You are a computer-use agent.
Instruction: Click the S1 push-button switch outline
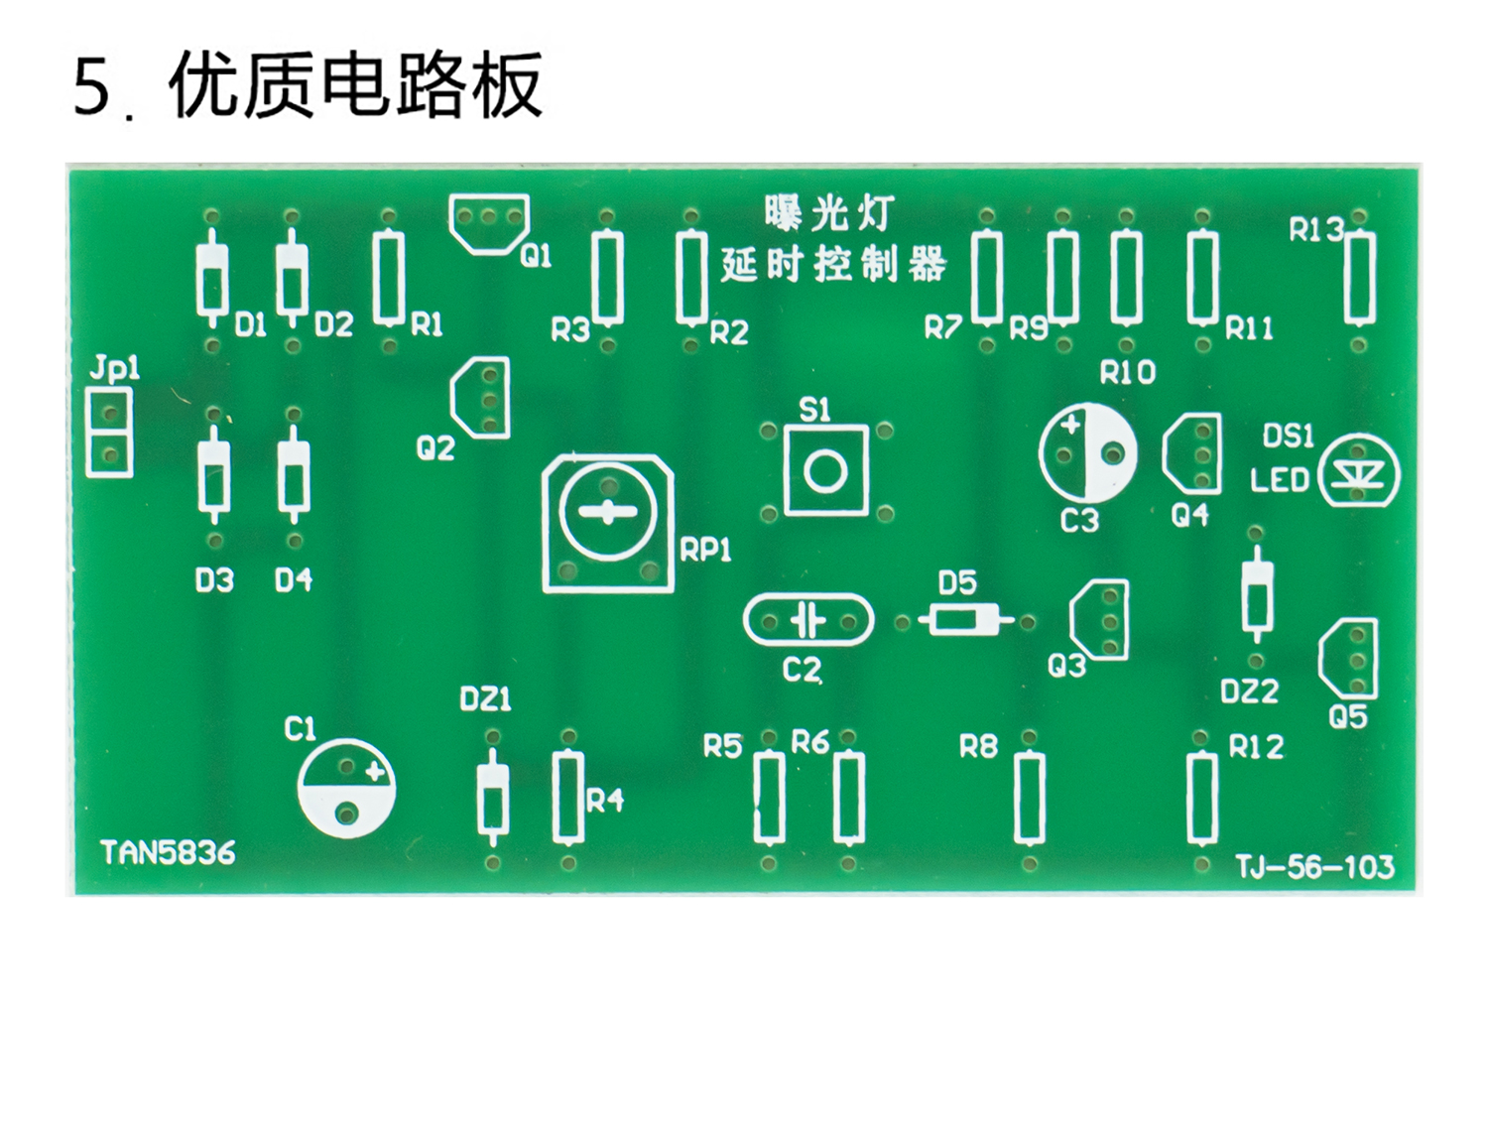click(x=825, y=470)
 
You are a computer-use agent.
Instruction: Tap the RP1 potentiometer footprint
click(x=607, y=524)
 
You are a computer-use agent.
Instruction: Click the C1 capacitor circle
click(x=346, y=789)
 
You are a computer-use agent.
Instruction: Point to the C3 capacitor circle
click(x=1088, y=452)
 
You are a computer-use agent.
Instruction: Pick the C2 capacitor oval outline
click(x=808, y=621)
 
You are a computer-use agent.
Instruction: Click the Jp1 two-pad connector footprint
click(x=109, y=433)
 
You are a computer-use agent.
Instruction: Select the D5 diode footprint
click(x=965, y=621)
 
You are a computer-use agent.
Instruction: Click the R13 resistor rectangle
click(x=1358, y=279)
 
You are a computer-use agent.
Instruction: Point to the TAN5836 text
click(x=168, y=853)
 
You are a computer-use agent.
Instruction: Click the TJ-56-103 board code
click(x=1314, y=867)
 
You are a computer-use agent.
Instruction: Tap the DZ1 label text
click(x=486, y=699)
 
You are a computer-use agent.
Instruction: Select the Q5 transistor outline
click(x=1350, y=658)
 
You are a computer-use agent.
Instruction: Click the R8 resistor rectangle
click(x=1030, y=799)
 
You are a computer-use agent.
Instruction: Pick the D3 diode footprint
click(x=214, y=477)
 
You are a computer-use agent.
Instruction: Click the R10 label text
click(x=1128, y=373)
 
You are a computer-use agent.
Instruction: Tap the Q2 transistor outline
click(x=481, y=398)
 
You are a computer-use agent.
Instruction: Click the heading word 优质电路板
click(x=355, y=86)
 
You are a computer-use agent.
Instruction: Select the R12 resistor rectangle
click(x=1202, y=799)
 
